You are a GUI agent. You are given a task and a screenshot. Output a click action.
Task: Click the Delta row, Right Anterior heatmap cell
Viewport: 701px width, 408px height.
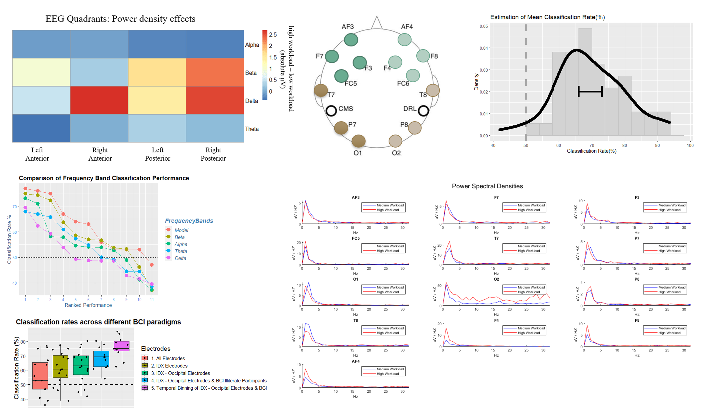click(x=99, y=100)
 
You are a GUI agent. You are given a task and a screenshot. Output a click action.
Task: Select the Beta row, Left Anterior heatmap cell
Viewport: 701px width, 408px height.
click(x=41, y=72)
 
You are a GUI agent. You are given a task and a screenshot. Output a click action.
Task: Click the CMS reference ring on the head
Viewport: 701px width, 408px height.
click(x=331, y=111)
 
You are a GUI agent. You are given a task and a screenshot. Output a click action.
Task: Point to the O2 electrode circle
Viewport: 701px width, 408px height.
click(x=395, y=141)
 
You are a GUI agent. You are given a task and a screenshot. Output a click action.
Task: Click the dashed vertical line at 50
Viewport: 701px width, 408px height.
click(x=526, y=83)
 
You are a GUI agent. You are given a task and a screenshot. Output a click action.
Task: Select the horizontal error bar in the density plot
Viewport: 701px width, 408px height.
click(x=590, y=91)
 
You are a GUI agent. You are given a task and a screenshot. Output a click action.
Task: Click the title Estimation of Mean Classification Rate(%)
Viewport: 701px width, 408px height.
click(x=547, y=17)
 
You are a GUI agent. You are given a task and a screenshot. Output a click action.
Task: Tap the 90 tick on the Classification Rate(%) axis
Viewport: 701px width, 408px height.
click(x=657, y=145)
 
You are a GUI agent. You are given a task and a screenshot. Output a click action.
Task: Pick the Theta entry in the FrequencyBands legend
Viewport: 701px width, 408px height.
click(x=181, y=251)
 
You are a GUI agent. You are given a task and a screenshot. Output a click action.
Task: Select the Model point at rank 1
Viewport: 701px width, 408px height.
click(x=25, y=189)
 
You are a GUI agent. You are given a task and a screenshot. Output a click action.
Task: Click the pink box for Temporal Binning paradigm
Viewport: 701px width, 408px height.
click(x=122, y=346)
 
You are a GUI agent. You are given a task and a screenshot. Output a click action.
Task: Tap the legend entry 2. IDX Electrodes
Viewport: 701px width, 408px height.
click(x=169, y=366)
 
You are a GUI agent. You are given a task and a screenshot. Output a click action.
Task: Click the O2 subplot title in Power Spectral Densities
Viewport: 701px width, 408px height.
click(x=496, y=279)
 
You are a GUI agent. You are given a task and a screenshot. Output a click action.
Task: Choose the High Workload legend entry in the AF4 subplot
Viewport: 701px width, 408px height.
click(x=387, y=374)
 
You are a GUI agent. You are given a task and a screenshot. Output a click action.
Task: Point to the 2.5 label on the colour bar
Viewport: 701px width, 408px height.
click(x=273, y=35)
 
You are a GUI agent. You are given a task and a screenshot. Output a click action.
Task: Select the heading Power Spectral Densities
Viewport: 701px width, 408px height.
click(x=487, y=186)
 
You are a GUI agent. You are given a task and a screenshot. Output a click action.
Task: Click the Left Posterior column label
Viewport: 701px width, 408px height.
click(x=157, y=154)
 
